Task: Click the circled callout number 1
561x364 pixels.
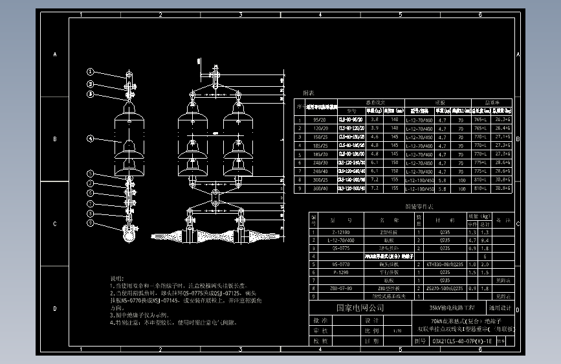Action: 91,73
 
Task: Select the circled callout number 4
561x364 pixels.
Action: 91,139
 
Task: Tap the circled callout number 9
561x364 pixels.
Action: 91,223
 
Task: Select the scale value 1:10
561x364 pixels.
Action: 395,330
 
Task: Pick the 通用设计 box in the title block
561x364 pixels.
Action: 500,308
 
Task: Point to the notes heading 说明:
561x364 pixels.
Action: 117,277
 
